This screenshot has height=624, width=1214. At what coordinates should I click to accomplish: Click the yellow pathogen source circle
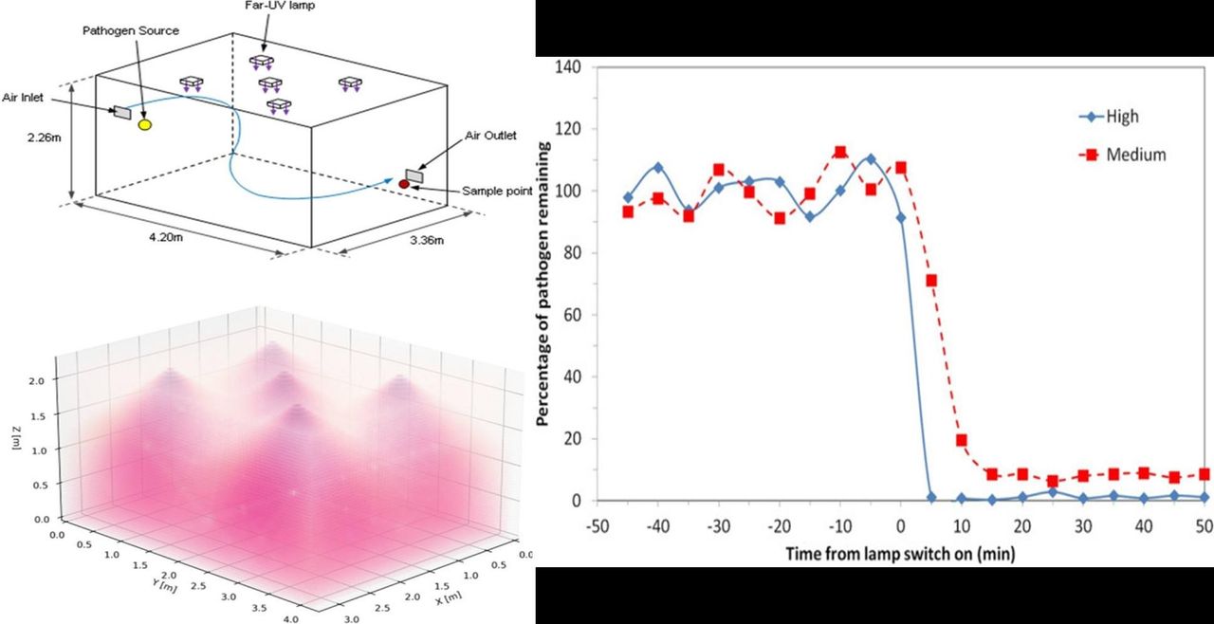click(x=144, y=124)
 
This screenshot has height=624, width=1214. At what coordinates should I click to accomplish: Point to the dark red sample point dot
click(x=403, y=182)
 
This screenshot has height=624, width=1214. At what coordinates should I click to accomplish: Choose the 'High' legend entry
click(x=1122, y=117)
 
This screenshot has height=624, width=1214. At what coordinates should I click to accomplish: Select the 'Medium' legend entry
click(x=1135, y=155)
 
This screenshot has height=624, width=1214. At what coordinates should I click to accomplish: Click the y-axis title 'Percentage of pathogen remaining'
click(x=546, y=284)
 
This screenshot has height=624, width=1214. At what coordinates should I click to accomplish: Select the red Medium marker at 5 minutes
click(x=931, y=281)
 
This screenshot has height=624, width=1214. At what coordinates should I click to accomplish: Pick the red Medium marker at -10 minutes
click(x=840, y=152)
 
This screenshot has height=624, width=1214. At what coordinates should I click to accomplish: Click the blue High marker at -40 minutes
click(x=658, y=168)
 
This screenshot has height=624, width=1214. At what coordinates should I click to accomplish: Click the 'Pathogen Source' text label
click(x=143, y=31)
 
